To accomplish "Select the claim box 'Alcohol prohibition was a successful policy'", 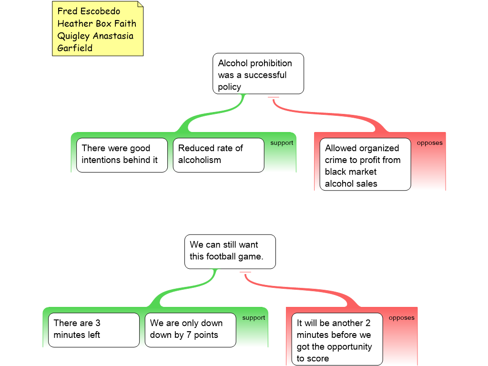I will tap(258, 74).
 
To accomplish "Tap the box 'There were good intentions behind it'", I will tap(122, 155).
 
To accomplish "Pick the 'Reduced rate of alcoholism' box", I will tap(218, 155).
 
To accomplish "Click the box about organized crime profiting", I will tap(365, 164).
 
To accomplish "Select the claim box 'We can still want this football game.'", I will tap(230, 251).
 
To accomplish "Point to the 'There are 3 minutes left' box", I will tap(94, 330).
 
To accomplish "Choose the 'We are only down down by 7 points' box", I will tap(190, 330).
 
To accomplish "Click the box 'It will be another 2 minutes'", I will tap(336, 339).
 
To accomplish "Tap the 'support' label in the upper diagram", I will tap(282, 143).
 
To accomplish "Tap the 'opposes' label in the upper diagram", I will tap(429, 143).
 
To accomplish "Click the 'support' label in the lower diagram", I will tap(254, 318).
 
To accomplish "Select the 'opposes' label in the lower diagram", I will tap(401, 318).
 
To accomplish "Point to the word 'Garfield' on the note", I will tap(75, 48).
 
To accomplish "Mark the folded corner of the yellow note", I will tap(140, 4).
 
